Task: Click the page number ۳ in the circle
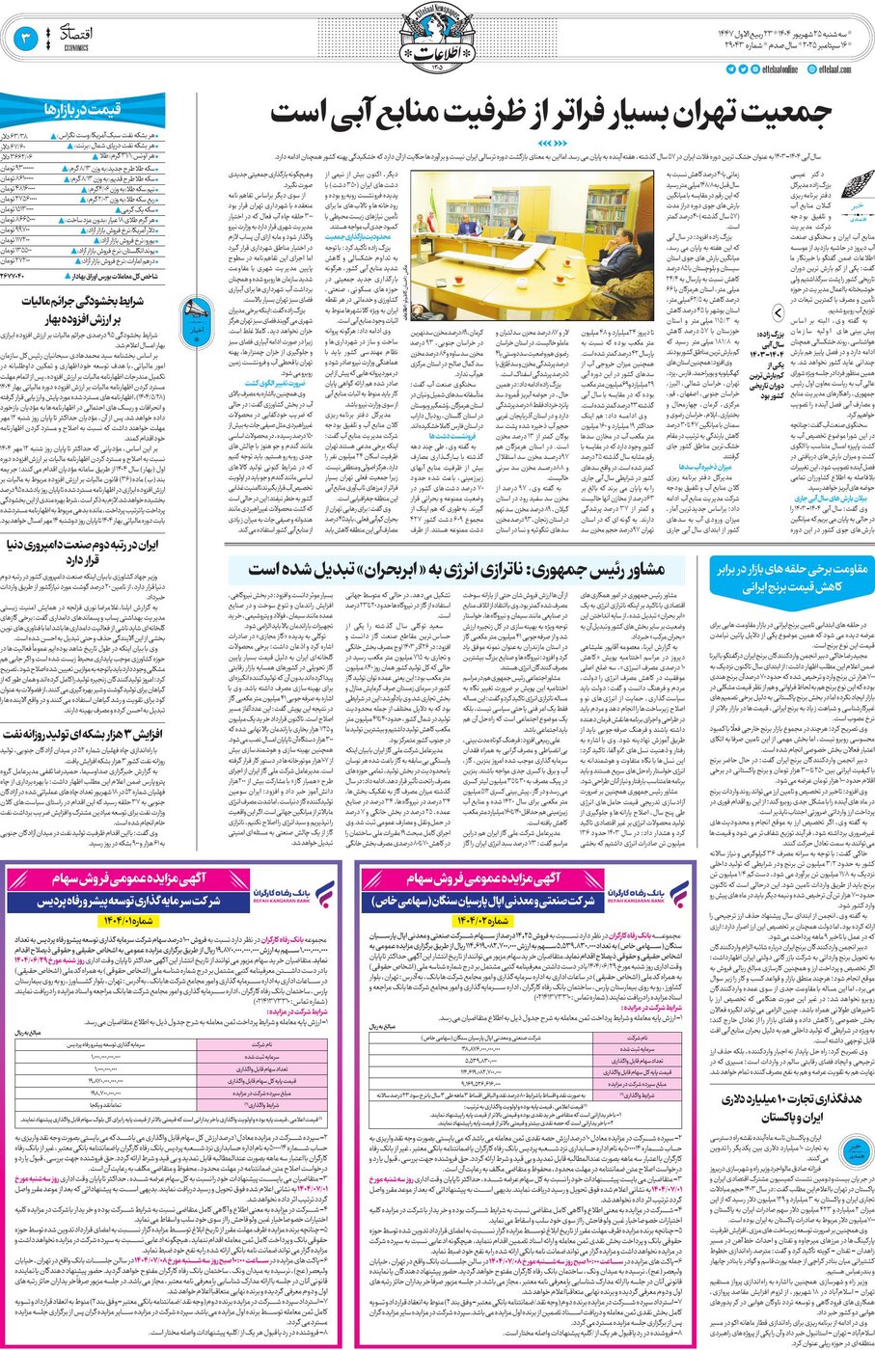tap(27, 40)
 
